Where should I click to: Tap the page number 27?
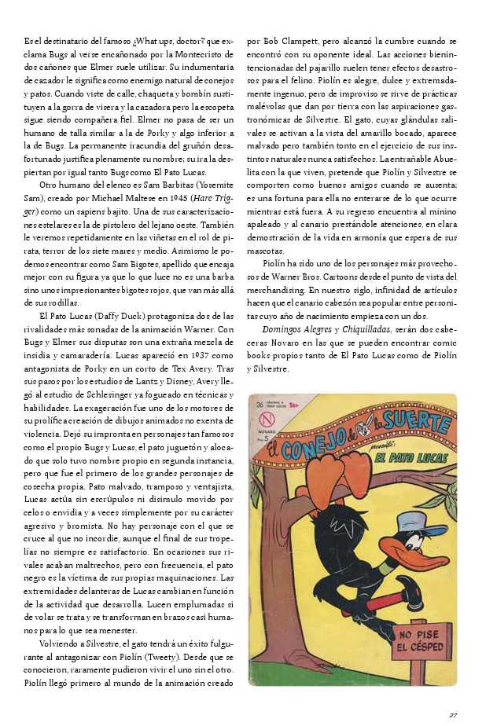click(x=453, y=714)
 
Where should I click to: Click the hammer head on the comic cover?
click(x=411, y=595)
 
